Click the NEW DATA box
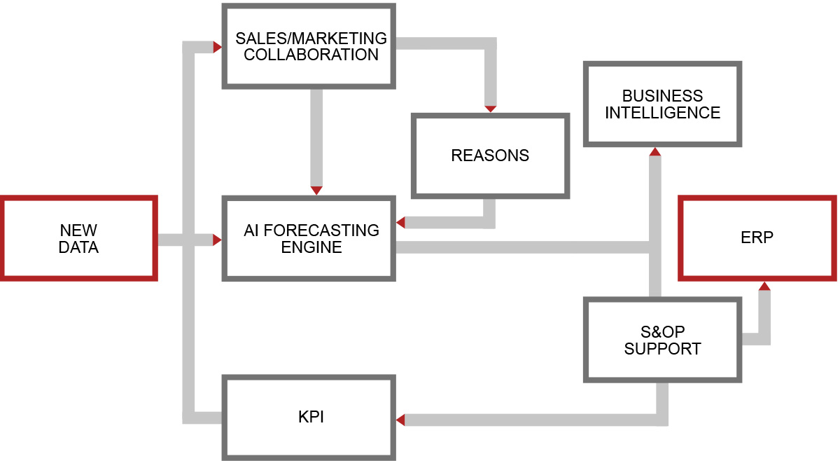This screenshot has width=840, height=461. [78, 239]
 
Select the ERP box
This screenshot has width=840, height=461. [757, 238]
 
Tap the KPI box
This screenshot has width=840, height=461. [308, 418]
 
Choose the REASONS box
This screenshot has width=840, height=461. [490, 156]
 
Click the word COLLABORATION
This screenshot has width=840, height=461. [311, 55]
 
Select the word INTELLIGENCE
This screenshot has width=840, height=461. [662, 113]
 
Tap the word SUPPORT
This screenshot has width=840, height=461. [662, 348]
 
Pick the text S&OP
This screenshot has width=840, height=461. [662, 331]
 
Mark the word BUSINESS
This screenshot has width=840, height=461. [662, 96]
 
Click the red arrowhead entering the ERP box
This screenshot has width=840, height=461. [764, 286]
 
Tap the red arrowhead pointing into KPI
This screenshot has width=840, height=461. [400, 420]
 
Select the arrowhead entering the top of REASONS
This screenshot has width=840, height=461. [490, 109]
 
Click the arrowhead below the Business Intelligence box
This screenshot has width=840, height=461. [654, 151]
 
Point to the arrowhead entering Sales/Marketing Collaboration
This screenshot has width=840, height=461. [217, 47]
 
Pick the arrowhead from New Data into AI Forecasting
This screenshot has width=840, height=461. [217, 240]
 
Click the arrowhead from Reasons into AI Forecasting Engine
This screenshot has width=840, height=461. [400, 222]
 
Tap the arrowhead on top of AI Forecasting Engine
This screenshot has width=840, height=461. [316, 191]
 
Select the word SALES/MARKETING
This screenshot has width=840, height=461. [311, 38]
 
